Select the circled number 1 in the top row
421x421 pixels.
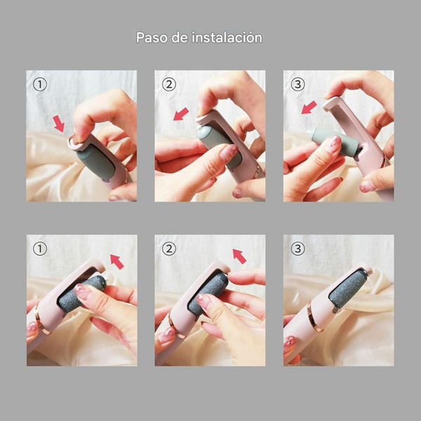tap(40, 84)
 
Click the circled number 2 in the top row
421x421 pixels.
tap(169, 84)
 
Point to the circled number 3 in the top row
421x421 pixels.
tap(298, 84)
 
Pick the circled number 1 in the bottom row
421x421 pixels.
tap(40, 249)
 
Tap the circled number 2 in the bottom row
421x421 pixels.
tap(169, 249)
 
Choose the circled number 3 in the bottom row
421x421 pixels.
tap(298, 249)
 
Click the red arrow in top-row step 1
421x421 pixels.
tap(59, 123)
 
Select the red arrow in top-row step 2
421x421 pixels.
tap(181, 114)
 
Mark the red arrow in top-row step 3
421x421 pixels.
tap(309, 107)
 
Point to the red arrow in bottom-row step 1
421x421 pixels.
tap(117, 262)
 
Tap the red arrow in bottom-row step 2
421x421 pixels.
tap(239, 256)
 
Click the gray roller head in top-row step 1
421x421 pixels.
tap(96, 162)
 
